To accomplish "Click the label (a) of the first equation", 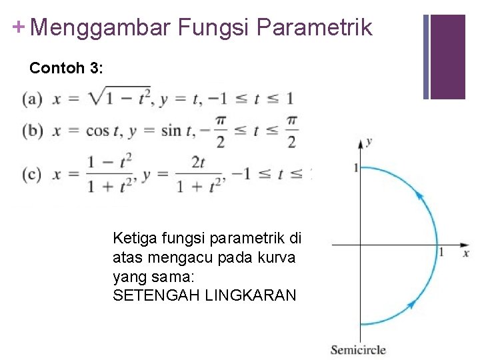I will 32,99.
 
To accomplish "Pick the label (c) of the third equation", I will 32,174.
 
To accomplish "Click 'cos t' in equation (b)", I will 101,131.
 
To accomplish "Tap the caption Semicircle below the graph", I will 358,349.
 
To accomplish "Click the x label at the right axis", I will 465,253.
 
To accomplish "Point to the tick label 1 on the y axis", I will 355,167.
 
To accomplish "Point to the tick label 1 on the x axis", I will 441,252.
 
